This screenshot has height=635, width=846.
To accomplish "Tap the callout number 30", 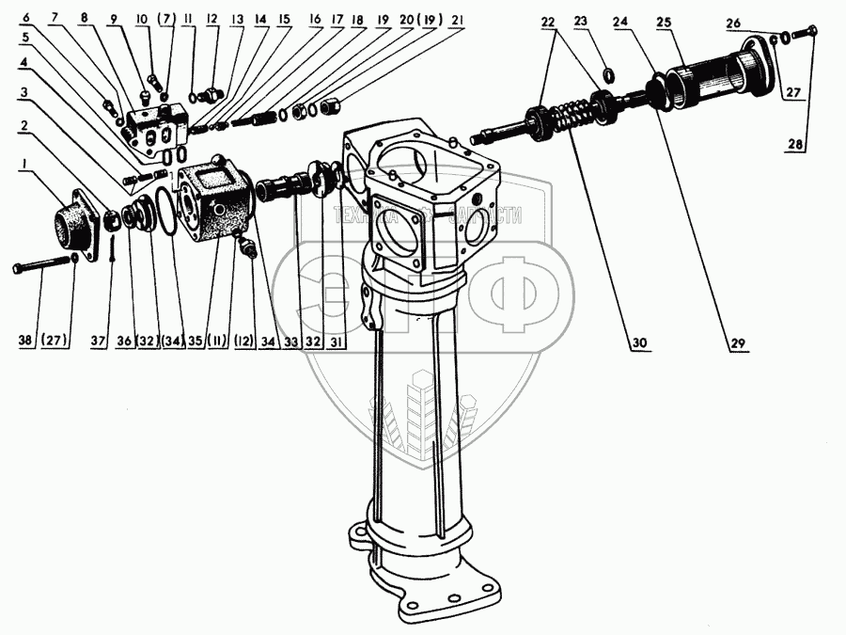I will pyautogui.click(x=640, y=342).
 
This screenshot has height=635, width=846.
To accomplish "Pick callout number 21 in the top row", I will pyautogui.click(x=457, y=20).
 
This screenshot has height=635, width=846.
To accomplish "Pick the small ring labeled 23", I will pyautogui.click(x=606, y=75).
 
